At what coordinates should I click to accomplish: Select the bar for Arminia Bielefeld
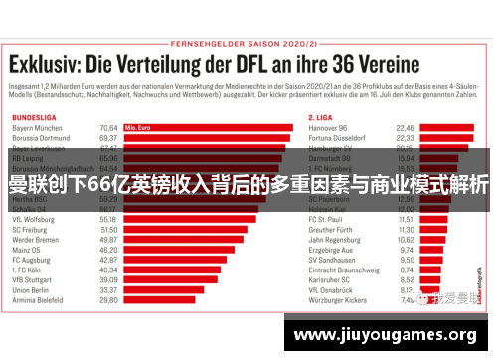(160, 298)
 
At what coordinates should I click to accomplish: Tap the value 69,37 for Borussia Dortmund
(108, 138)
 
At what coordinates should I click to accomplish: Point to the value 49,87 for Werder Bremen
(108, 240)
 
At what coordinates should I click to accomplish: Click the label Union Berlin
(34, 288)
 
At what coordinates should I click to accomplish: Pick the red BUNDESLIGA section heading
(36, 116)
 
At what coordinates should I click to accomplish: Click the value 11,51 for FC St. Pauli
(405, 218)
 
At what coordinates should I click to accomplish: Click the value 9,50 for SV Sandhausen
(405, 259)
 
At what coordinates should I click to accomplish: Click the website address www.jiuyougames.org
(387, 335)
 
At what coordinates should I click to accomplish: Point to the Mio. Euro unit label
(137, 127)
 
